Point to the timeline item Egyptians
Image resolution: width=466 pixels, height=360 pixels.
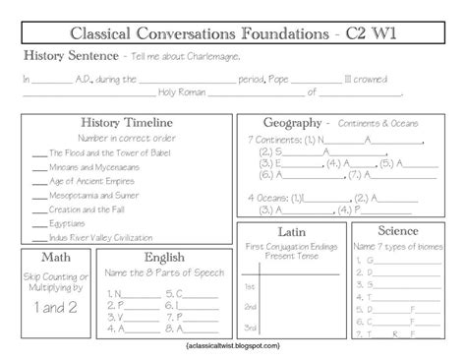point(67,224)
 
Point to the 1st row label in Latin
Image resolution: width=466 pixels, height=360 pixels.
point(251,285)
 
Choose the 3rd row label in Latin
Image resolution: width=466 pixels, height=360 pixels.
point(251,326)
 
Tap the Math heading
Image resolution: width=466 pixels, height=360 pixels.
point(41,257)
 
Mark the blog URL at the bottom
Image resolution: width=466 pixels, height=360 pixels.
point(232,346)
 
